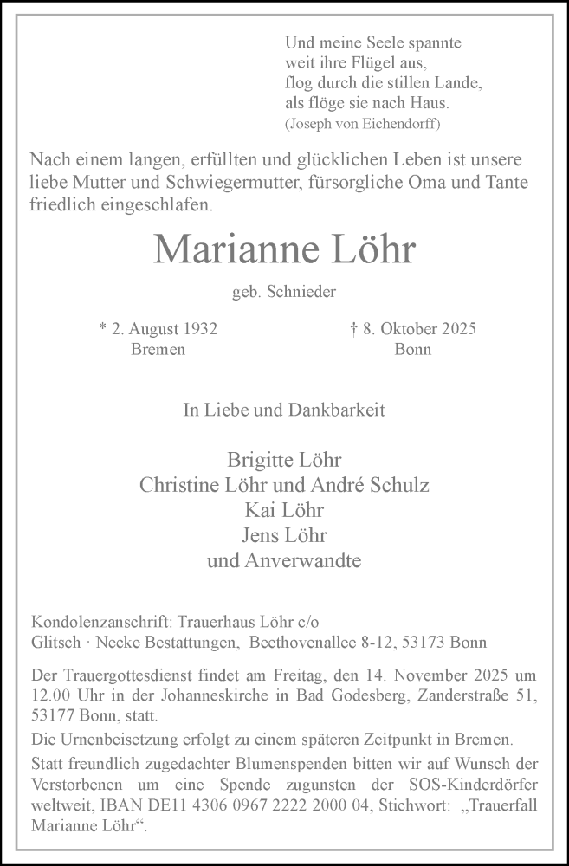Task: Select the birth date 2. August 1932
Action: (x=158, y=329)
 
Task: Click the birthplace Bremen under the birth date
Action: (x=158, y=350)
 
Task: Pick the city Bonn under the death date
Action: (x=412, y=350)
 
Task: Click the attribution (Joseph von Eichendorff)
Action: (x=362, y=123)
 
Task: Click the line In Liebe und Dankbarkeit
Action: (x=284, y=410)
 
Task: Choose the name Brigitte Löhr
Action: (x=284, y=460)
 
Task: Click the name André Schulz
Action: (x=383, y=485)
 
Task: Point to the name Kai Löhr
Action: (x=284, y=510)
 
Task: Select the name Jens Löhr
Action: (x=284, y=535)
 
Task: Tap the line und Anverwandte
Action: (x=284, y=560)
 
